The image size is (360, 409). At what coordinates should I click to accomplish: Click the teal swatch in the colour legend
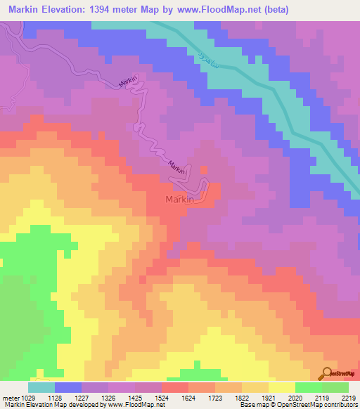41,387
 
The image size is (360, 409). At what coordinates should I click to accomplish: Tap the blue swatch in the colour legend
68,387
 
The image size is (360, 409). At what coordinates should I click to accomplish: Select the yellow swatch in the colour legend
281,387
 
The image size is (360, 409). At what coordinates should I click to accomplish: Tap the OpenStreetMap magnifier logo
326,375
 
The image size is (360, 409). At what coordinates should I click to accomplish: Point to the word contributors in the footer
340,405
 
